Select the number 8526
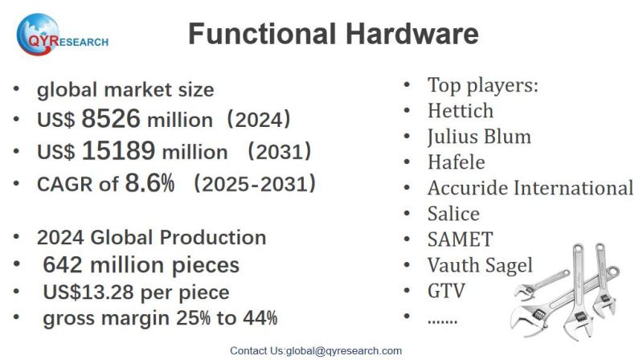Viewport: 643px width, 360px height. (111, 120)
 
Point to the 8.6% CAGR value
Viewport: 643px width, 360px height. (149, 183)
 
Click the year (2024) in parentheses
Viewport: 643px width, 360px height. (257, 121)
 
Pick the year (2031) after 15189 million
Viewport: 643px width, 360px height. (279, 152)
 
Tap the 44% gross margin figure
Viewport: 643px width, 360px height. (261, 318)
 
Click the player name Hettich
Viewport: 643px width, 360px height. (460, 110)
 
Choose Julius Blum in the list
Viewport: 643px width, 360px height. (479, 136)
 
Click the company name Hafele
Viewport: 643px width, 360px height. (456, 162)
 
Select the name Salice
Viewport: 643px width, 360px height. (453, 214)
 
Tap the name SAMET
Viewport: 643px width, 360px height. (460, 239)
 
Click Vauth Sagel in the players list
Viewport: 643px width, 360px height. (480, 265)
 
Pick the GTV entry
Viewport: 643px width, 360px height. (446, 290)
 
